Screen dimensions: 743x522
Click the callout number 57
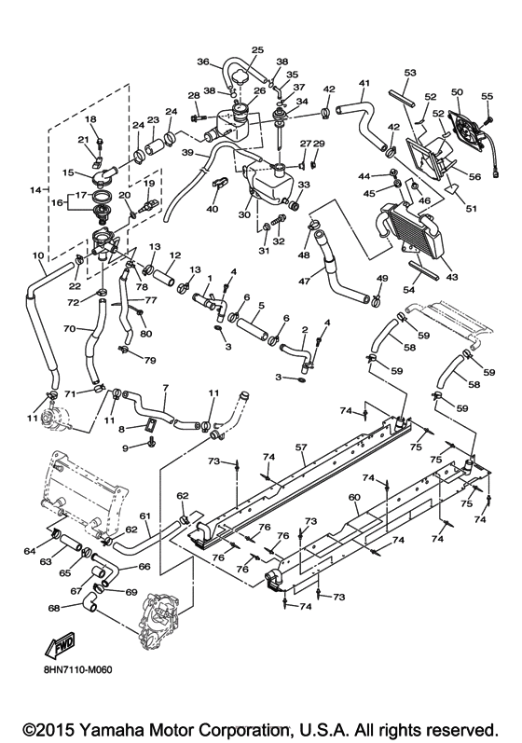pyautogui.click(x=301, y=448)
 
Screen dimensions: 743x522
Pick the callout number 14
pyautogui.click(x=36, y=190)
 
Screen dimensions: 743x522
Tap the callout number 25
pyautogui.click(x=258, y=49)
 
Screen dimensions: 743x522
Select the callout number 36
pyautogui.click(x=202, y=62)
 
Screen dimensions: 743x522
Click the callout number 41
pyautogui.click(x=364, y=83)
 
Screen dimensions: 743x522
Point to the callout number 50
pyautogui.click(x=457, y=92)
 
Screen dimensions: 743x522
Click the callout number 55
pyautogui.click(x=486, y=96)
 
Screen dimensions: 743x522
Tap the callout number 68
pyautogui.click(x=55, y=608)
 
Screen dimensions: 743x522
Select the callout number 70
pyautogui.click(x=68, y=329)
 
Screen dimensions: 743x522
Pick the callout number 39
pyautogui.click(x=186, y=154)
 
